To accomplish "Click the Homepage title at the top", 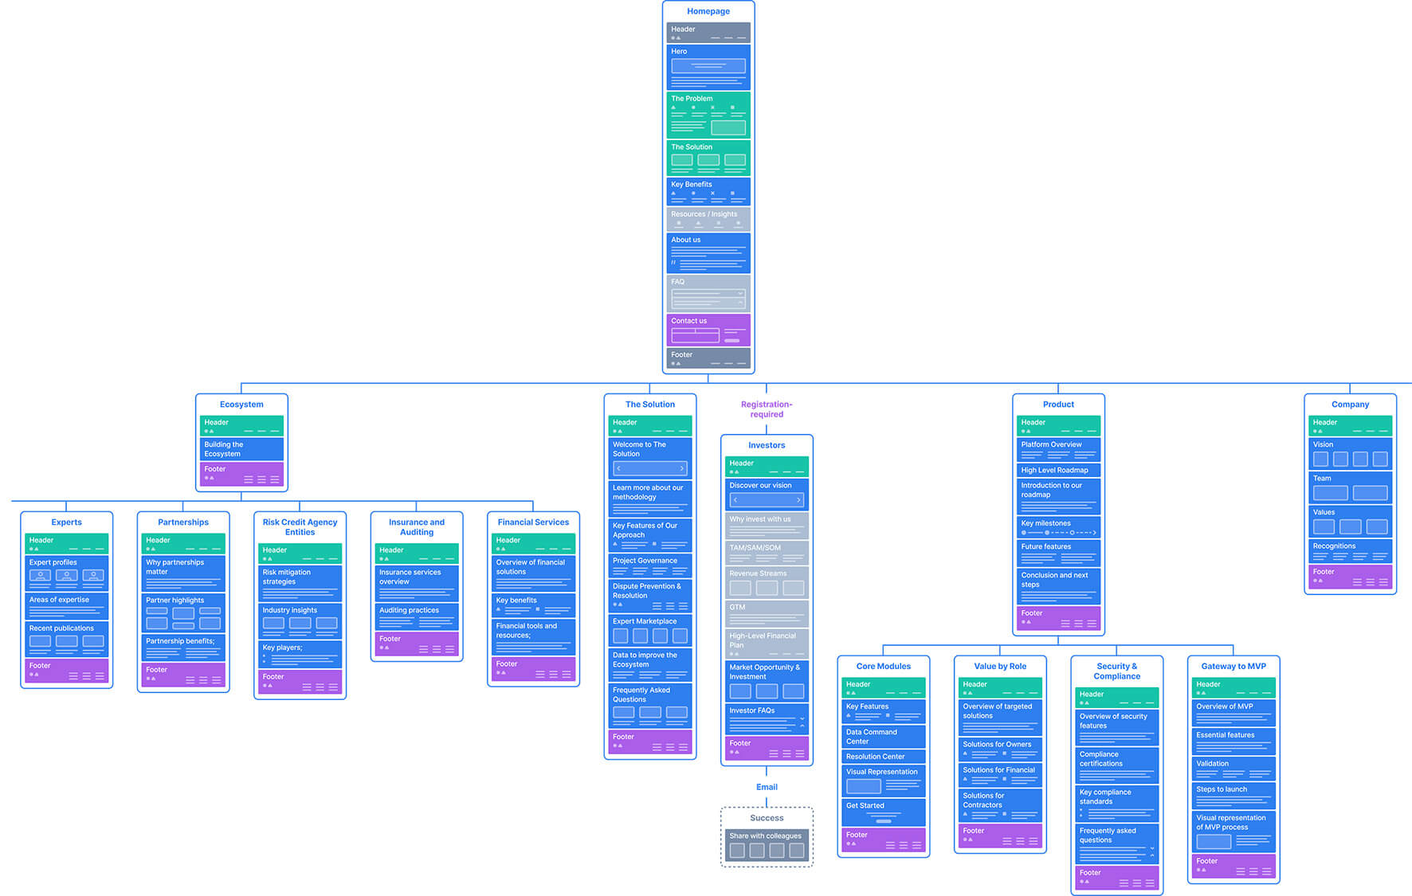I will point(708,11).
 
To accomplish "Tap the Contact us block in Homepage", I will point(708,330).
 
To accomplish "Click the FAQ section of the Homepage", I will point(708,292).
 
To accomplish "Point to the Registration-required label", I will point(767,409).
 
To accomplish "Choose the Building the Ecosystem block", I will point(241,449).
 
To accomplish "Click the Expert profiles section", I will point(66,572).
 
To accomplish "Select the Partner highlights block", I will point(183,612).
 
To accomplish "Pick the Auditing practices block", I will point(417,616).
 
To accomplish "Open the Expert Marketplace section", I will point(649,630).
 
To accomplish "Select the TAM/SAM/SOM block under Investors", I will point(767,552).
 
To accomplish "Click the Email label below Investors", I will point(767,787).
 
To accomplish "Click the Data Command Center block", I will point(883,737).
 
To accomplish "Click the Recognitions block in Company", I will point(1350,551).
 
